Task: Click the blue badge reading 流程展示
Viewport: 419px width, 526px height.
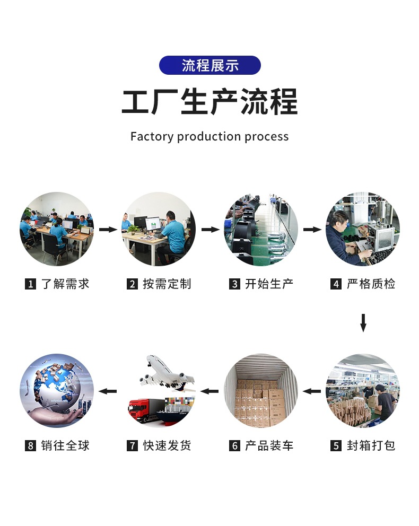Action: click(210, 65)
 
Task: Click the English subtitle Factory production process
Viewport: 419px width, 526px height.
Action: click(210, 137)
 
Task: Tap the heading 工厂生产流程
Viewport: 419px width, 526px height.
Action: click(210, 101)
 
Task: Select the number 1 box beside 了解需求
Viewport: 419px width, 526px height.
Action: click(30, 284)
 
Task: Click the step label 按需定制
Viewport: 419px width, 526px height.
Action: click(167, 284)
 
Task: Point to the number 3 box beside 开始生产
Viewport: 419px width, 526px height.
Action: click(234, 284)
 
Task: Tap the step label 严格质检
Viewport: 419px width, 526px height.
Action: click(371, 284)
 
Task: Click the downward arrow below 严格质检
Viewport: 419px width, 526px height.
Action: click(363, 322)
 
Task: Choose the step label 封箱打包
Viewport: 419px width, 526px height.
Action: click(371, 445)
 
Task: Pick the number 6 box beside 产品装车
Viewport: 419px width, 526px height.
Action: click(234, 445)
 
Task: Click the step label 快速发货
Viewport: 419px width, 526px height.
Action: click(167, 445)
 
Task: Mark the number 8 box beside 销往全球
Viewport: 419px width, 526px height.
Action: click(30, 445)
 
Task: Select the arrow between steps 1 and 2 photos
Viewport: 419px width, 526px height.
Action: click(108, 230)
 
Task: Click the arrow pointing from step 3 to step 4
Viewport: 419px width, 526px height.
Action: click(312, 230)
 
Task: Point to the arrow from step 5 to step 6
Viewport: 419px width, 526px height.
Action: click(312, 391)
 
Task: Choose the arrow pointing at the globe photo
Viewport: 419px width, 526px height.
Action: click(108, 391)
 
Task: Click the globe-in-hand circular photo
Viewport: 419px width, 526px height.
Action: click(57, 391)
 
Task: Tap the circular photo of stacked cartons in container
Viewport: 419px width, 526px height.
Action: click(261, 391)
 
